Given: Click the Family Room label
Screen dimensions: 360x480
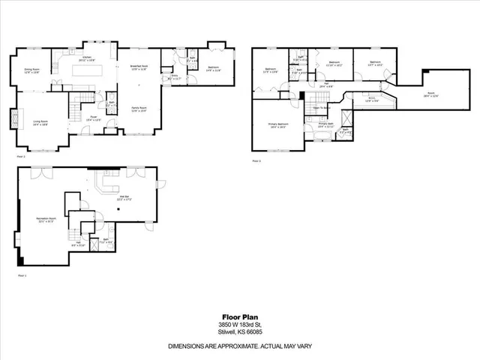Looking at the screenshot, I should (x=139, y=109).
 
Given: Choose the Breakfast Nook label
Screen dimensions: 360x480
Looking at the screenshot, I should (x=137, y=66).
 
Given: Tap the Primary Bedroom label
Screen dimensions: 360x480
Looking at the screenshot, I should (x=277, y=124).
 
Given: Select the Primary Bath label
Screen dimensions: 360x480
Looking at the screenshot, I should (x=325, y=124).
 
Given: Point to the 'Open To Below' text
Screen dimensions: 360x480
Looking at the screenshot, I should (x=322, y=108).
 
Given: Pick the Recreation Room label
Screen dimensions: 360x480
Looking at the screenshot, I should (x=48, y=219).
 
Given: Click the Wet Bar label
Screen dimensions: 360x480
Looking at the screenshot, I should (x=124, y=197).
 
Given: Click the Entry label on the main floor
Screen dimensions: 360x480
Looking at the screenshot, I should (x=175, y=76).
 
